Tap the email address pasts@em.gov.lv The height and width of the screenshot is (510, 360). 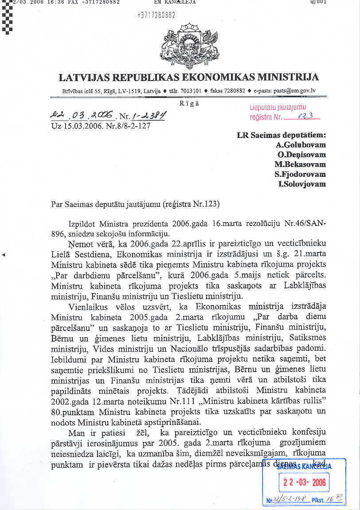pyautogui.click(x=294, y=90)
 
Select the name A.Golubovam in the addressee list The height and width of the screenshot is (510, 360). pyautogui.click(x=301, y=145)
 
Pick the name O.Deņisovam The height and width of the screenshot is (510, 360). pyautogui.click(x=301, y=155)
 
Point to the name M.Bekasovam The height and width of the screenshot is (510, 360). pyautogui.click(x=300, y=164)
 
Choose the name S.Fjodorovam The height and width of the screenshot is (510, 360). pyautogui.click(x=300, y=174)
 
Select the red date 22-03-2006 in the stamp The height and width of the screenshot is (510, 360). pyautogui.click(x=305, y=482)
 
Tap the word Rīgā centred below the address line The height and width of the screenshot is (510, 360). pyautogui.click(x=189, y=103)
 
